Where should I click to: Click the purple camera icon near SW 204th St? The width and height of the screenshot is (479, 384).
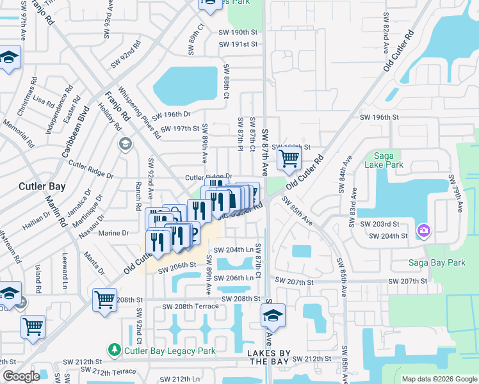click(423, 230)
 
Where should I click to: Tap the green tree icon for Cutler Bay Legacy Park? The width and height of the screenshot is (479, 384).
click(114, 350)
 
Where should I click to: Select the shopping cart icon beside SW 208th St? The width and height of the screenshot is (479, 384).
click(104, 299)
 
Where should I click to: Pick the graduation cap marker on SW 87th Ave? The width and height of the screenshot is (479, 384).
click(273, 315)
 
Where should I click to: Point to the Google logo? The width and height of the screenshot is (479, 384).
click(22, 376)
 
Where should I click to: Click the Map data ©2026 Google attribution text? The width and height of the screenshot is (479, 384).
click(439, 379)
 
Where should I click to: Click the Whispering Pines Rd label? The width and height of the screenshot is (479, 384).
click(139, 115)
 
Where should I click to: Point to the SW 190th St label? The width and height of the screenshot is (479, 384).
click(238, 32)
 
